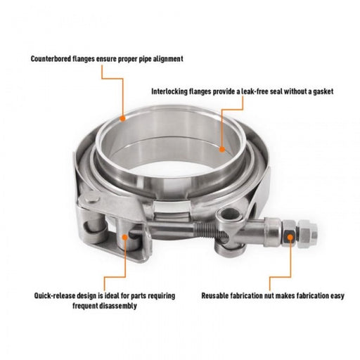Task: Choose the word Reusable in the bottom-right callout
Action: [x=219, y=296]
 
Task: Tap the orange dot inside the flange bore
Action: [x=221, y=148]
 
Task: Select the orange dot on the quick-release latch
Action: [x=124, y=237]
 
